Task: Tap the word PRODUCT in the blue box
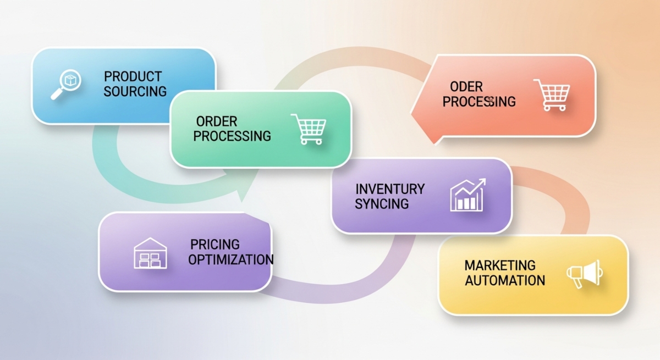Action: (133, 76)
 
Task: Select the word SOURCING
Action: (135, 91)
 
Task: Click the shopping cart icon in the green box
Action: (307, 129)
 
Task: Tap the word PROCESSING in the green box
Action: (232, 136)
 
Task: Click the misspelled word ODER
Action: (466, 87)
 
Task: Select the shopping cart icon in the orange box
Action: (551, 95)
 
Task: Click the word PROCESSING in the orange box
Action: (479, 102)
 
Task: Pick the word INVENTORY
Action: (390, 189)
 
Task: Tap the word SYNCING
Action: (382, 203)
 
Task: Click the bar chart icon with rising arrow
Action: (468, 195)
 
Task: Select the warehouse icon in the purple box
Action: (150, 253)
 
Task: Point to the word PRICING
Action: (215, 244)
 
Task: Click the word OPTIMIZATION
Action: (230, 259)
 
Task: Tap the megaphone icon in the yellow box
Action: (584, 273)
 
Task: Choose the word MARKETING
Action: (499, 265)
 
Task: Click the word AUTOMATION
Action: (505, 280)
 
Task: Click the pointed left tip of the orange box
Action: (413, 113)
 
